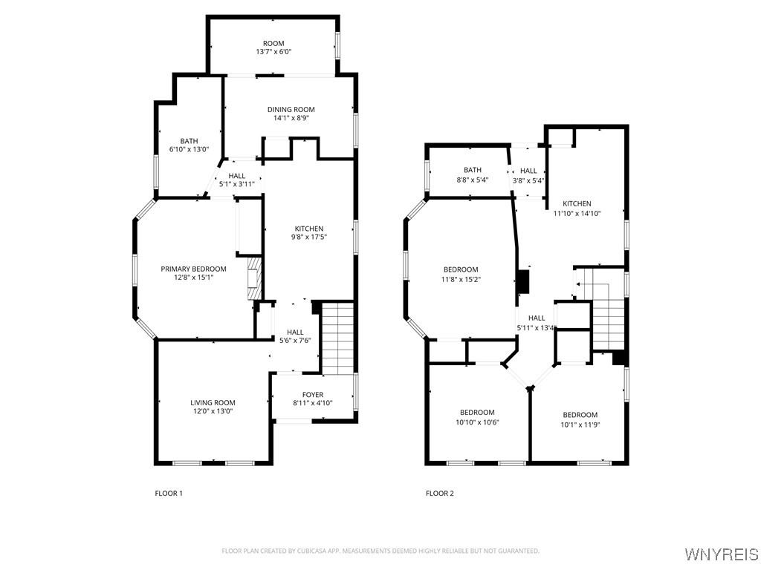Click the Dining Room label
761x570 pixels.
(291, 110)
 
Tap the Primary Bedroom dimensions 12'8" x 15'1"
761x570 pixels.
(194, 278)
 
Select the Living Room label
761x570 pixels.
(213, 402)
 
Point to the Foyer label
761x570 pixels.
(313, 395)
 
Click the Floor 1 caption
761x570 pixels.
(169, 494)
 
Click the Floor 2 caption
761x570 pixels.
(440, 494)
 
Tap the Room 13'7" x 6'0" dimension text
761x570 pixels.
(273, 51)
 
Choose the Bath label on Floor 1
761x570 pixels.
(189, 141)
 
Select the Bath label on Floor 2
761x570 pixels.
(472, 170)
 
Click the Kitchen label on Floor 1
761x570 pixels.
(309, 229)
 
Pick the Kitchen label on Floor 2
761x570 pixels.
(577, 203)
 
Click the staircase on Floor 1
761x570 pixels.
(338, 338)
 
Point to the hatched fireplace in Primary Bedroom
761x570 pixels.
(254, 279)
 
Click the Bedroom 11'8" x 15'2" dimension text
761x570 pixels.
(461, 279)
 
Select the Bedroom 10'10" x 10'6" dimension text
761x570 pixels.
(477, 422)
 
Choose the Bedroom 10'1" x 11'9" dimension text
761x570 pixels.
(580, 425)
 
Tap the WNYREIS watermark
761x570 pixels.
(721, 554)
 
